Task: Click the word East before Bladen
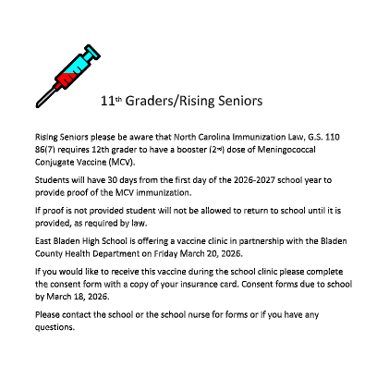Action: click(x=43, y=240)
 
